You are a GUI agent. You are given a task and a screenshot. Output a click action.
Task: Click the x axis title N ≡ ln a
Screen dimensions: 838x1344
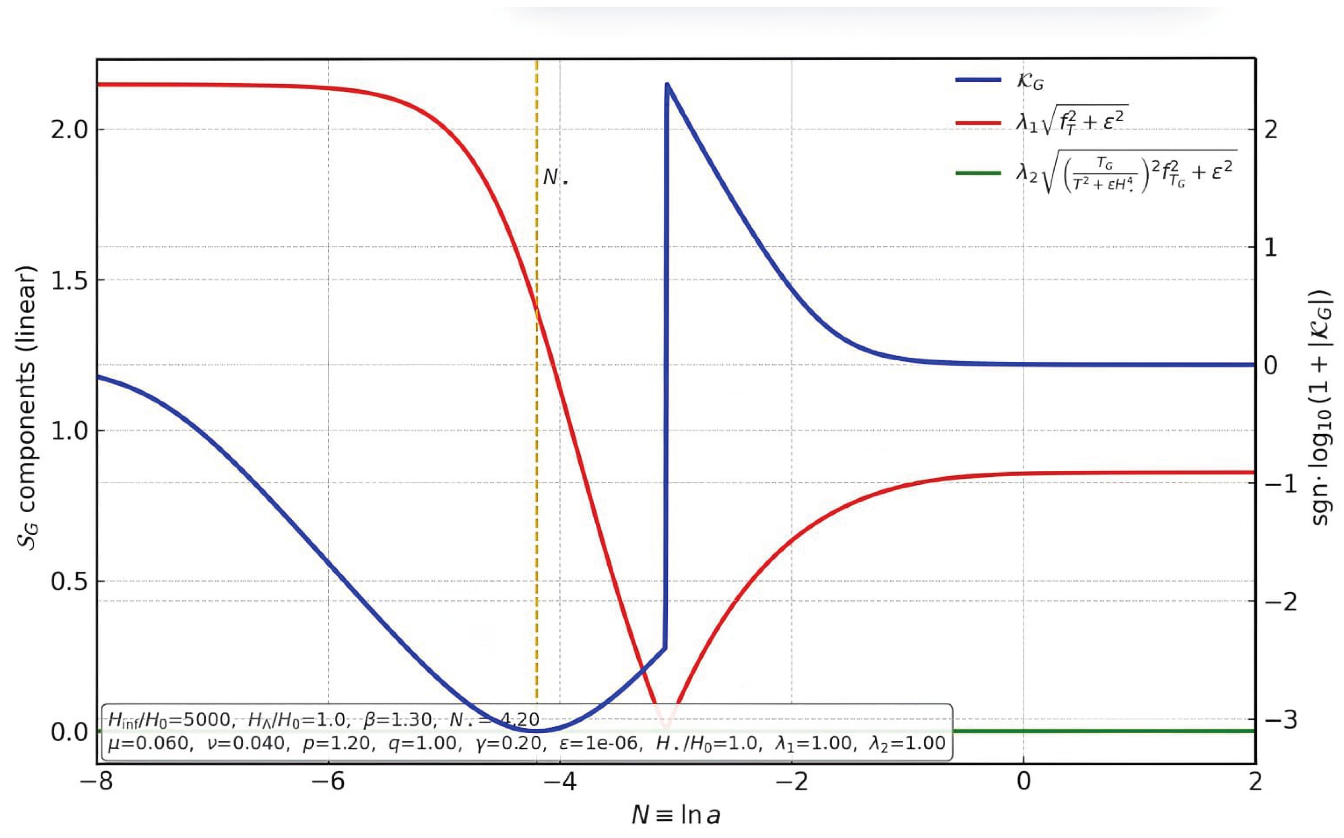coord(675,815)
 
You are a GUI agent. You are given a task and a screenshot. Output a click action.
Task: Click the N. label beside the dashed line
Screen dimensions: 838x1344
coord(555,178)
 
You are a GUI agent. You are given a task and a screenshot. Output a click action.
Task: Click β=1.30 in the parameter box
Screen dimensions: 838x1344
coord(397,720)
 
